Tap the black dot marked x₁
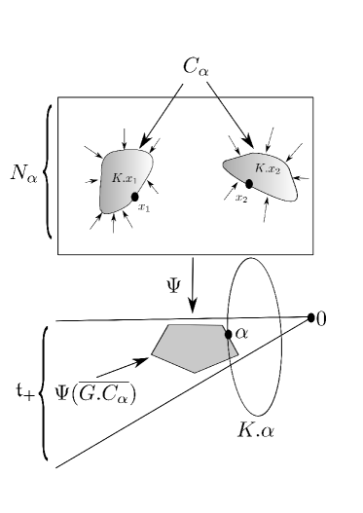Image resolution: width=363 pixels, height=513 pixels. click(133, 198)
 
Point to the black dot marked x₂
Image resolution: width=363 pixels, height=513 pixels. click(249, 183)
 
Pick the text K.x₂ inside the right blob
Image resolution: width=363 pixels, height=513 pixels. click(267, 169)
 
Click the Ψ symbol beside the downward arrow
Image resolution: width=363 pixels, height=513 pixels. click(173, 286)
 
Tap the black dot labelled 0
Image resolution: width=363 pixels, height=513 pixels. click(311, 317)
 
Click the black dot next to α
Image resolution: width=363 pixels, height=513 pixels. click(228, 334)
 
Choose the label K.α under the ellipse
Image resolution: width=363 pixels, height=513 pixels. click(256, 427)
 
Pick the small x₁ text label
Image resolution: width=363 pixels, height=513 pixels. click(143, 207)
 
